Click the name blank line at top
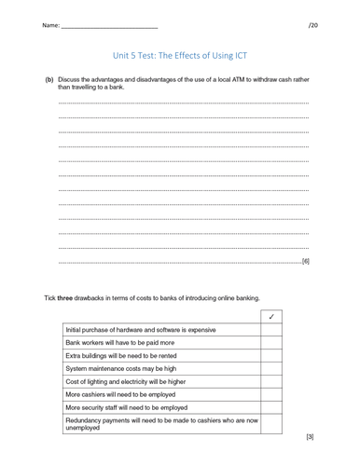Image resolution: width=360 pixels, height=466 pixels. pyautogui.click(x=108, y=27)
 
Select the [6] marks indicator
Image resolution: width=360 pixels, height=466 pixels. pyautogui.click(x=305, y=262)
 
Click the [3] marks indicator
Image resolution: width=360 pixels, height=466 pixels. pyautogui.click(x=309, y=436)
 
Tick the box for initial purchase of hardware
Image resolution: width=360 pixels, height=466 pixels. pyautogui.click(x=270, y=330)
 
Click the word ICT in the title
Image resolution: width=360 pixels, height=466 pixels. pyautogui.click(x=238, y=55)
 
